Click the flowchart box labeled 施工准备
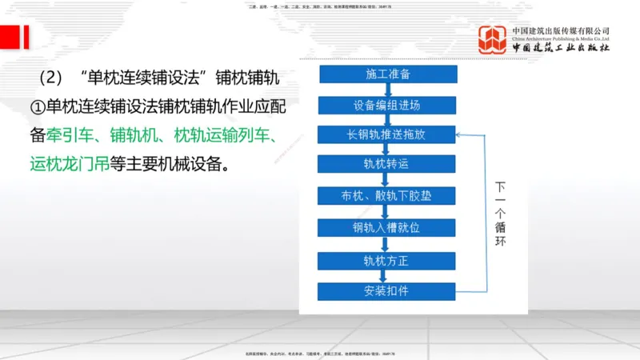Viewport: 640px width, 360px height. pos(388,74)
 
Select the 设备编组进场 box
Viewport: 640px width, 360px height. pos(388,105)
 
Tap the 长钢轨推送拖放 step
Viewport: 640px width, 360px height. pos(388,134)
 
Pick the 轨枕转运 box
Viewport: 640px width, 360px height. pos(388,165)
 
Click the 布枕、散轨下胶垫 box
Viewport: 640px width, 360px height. pos(388,196)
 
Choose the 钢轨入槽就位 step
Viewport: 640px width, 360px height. pos(388,227)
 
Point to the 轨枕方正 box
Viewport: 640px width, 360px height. pos(388,259)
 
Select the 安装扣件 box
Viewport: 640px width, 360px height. pos(388,290)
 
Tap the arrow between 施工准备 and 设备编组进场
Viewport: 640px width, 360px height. pos(388,90)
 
